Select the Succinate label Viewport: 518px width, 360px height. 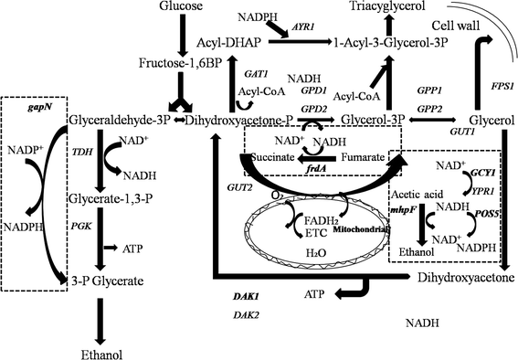274,157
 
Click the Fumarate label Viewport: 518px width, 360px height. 364,157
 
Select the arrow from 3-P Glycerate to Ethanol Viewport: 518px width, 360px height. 100,316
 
